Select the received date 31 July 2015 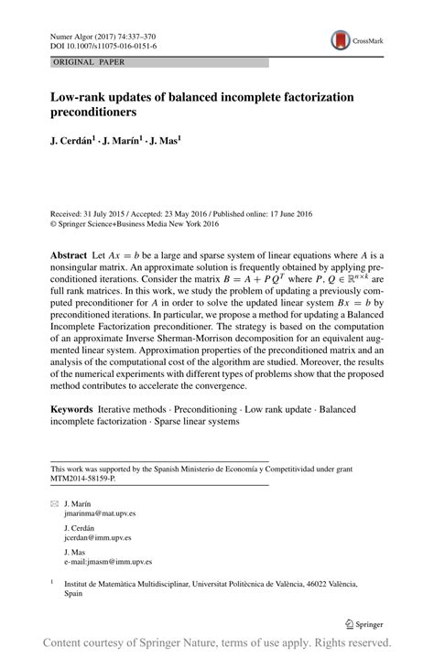[105, 213]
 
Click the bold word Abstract [69, 251]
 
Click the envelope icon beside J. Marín [54, 503]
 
